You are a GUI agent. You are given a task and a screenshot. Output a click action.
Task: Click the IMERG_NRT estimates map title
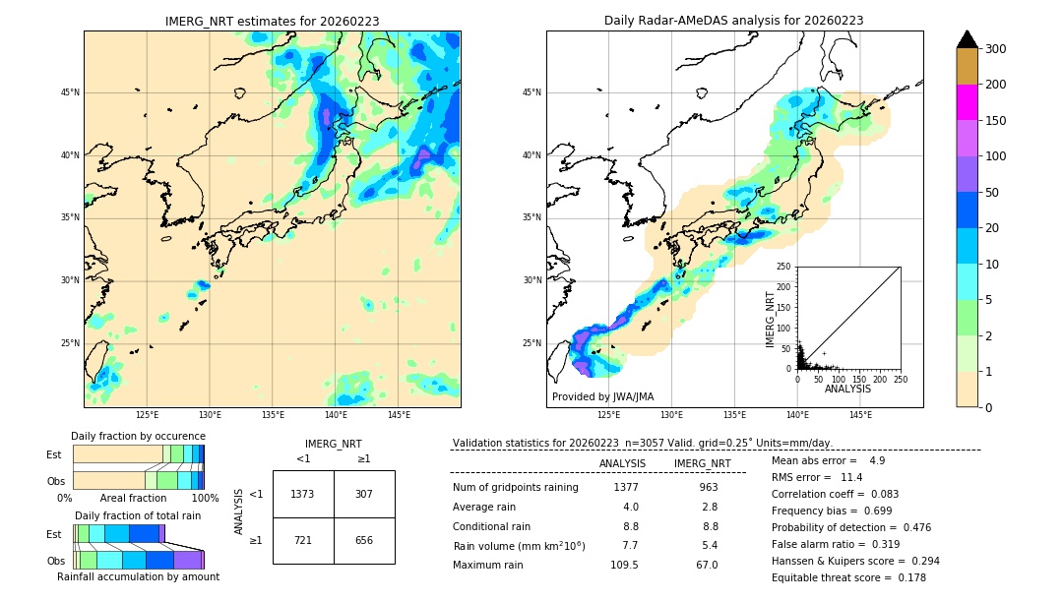(272, 21)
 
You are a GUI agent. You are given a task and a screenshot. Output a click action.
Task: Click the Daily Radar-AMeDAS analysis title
(733, 21)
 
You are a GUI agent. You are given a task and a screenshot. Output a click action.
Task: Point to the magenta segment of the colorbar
(967, 102)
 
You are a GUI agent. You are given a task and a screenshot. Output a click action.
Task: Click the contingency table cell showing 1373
(302, 494)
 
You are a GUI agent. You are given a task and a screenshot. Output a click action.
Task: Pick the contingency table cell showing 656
(363, 540)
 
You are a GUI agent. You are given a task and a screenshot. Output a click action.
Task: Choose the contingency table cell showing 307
(363, 494)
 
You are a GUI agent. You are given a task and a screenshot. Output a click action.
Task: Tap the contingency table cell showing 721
(302, 540)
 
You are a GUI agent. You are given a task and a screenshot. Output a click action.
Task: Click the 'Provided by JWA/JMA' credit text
(602, 397)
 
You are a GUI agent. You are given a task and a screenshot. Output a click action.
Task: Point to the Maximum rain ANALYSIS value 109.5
(624, 565)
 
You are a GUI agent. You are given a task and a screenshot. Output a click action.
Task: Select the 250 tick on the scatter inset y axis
(784, 267)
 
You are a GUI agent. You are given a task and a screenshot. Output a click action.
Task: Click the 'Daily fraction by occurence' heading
(138, 436)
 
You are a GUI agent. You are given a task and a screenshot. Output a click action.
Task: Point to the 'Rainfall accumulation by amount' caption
(138, 576)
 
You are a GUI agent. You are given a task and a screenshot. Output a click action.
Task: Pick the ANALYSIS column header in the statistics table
(622, 463)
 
